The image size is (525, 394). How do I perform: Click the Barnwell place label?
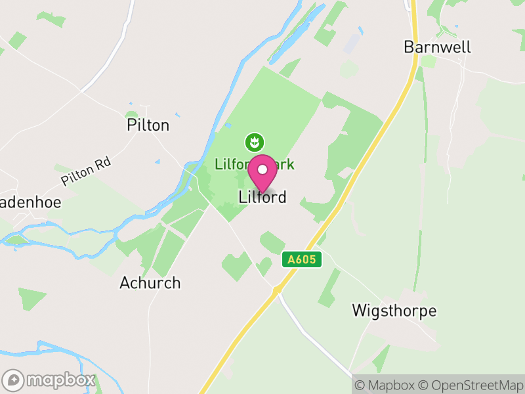point(438,47)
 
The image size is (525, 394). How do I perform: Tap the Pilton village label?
point(148,125)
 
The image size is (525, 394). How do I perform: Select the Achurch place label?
point(150,283)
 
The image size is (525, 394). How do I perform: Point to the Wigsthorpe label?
point(394,311)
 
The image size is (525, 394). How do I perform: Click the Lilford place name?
point(262,197)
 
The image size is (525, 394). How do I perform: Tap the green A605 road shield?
point(303,259)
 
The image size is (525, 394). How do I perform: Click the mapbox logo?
point(49,380)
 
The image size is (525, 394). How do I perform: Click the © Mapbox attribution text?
point(385,385)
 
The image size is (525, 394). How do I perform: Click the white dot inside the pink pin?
point(262,169)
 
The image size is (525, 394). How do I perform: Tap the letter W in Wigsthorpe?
point(359,311)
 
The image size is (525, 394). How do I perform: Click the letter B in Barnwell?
point(409,47)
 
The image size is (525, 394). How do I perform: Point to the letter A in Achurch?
point(125,283)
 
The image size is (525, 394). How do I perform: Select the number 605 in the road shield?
point(306,259)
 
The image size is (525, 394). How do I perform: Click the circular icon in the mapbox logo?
point(13,380)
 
